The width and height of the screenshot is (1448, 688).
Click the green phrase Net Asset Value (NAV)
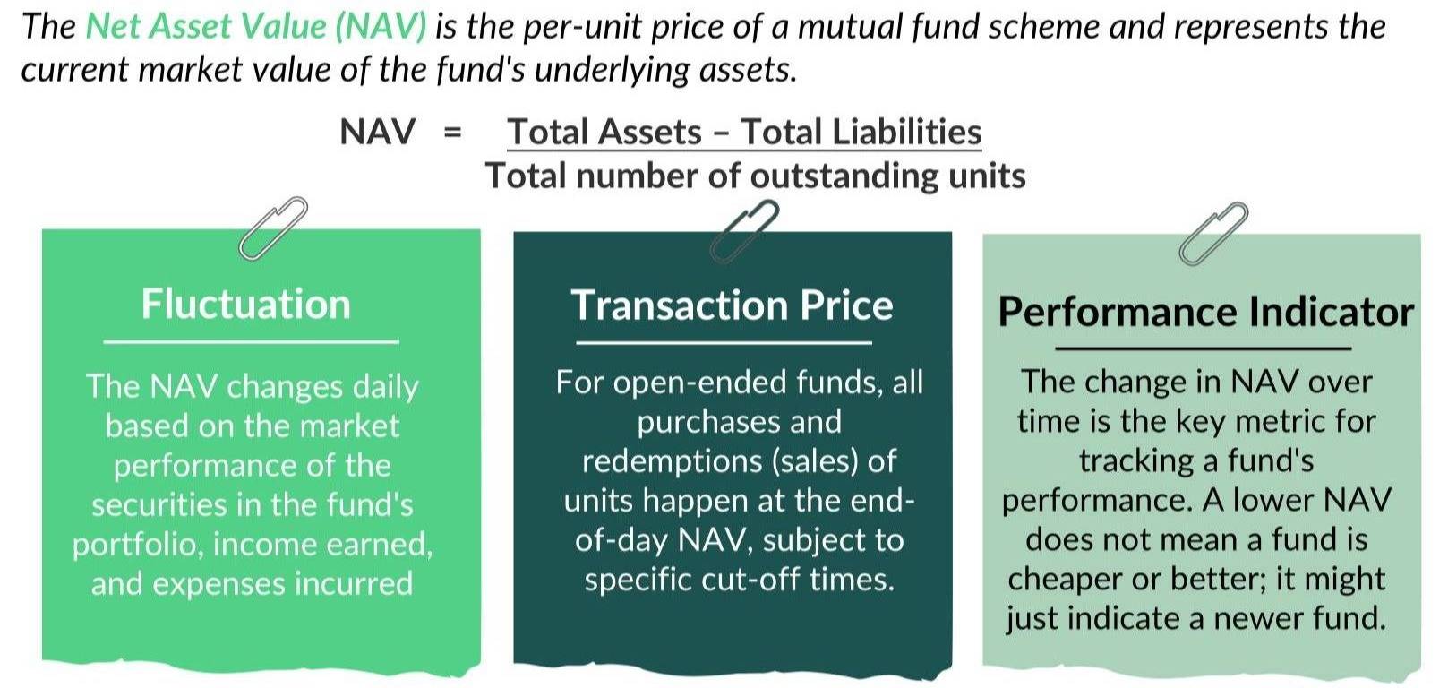pos(256,27)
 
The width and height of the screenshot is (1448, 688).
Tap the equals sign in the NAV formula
pos(452,133)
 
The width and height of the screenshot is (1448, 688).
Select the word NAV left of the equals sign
pos(378,132)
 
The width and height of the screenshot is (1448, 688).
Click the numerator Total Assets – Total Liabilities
pos(744,132)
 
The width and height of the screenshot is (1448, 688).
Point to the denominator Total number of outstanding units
pos(755,176)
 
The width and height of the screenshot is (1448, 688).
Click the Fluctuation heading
pos(245,304)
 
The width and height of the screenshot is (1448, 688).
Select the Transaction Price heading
pos(732,305)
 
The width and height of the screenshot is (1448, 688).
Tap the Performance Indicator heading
pos(1205,312)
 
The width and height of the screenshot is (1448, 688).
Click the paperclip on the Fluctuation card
pos(273,228)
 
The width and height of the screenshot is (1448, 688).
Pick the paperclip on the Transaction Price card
pos(744,231)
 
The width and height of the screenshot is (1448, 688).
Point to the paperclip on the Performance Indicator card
pos(1213,234)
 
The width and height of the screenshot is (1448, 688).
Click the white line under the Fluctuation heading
pos(251,341)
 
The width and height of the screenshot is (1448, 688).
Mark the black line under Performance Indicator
pos(1203,348)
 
